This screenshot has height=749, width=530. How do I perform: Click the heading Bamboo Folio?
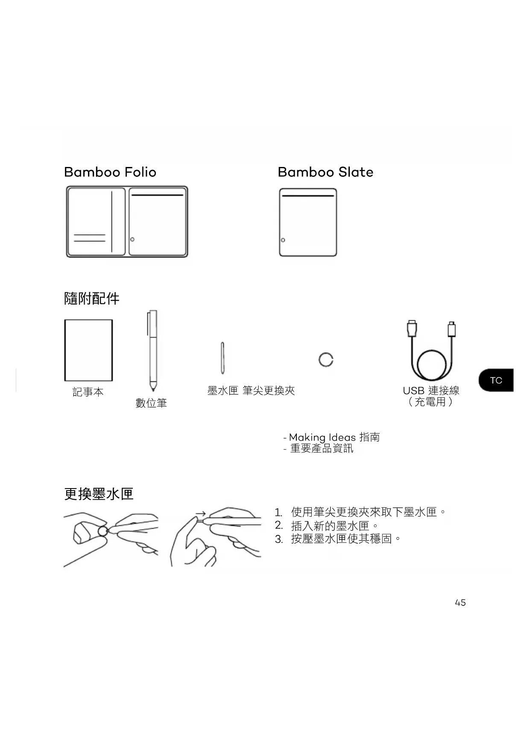[110, 172]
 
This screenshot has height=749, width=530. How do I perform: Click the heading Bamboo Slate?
[325, 172]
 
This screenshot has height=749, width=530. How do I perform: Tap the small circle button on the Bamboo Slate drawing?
[283, 240]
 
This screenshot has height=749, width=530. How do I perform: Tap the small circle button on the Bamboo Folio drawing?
[132, 239]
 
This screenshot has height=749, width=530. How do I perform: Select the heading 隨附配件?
[92, 298]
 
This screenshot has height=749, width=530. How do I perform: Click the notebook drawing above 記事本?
[88, 350]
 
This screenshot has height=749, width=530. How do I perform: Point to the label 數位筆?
[151, 403]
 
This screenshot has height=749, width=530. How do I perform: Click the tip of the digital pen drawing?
[153, 389]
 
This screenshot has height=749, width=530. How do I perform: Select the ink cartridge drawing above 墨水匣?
[223, 358]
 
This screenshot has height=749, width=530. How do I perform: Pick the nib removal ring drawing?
[326, 360]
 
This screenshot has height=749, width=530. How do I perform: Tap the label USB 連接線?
[431, 390]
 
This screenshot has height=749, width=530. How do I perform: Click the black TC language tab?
[496, 380]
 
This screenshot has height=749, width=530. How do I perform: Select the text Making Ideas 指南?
[334, 437]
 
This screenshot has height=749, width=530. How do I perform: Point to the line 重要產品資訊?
[322, 448]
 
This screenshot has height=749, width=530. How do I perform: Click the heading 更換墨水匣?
[99, 494]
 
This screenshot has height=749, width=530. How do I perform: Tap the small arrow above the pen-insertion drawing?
[201, 514]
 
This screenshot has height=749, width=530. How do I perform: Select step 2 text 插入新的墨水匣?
[330, 525]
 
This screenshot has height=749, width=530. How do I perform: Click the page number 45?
[460, 603]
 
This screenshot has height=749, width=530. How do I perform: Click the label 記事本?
[88, 392]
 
